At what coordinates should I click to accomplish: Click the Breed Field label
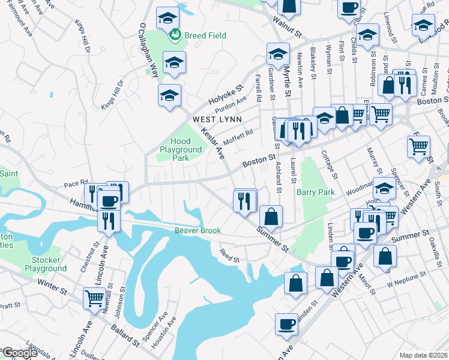(x=205, y=35)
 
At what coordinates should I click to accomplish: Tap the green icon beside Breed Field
(x=175, y=35)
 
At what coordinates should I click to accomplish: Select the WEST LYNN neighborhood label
(x=217, y=119)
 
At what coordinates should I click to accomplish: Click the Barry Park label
(x=315, y=192)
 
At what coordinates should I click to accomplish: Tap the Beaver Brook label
(x=198, y=230)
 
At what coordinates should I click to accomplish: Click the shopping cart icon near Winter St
(x=94, y=298)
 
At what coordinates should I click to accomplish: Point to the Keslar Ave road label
(x=212, y=143)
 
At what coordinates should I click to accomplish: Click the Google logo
(x=20, y=352)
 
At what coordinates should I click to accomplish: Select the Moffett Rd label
(x=238, y=137)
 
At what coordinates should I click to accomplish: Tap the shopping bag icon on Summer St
(x=271, y=216)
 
